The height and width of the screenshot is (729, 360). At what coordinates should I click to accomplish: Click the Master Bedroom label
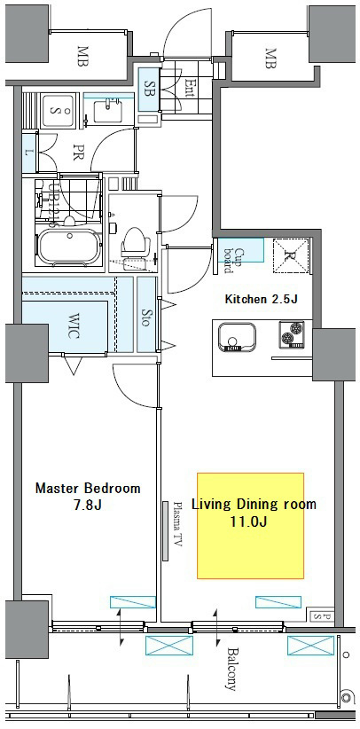pos(87,496)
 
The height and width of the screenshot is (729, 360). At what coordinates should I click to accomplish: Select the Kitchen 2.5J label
pos(261,299)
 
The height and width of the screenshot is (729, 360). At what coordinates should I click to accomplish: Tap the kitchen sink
pos(238,338)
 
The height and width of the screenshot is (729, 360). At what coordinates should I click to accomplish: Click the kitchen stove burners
pos(293,336)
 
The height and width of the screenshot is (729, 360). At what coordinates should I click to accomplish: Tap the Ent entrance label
pos(191,85)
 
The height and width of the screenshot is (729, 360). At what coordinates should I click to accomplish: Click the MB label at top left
pos(83,57)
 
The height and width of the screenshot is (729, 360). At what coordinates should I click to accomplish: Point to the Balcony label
pos(231,670)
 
